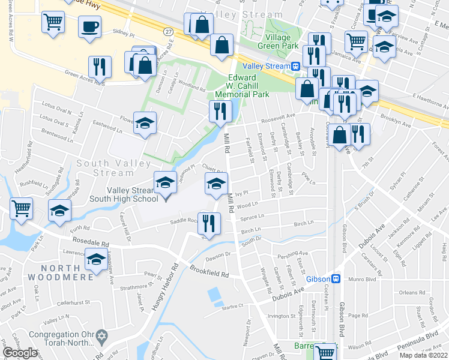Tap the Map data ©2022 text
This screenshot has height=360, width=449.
coord(423,355)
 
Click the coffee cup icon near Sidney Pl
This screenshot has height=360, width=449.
coord(89,27)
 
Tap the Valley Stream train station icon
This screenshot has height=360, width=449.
coord(297,67)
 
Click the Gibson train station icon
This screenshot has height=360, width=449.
coord(337,279)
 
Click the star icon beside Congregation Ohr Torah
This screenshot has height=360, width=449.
coord(101,334)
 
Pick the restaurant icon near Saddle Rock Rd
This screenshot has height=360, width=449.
coord(209,223)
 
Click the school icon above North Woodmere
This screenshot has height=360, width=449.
coord(95,260)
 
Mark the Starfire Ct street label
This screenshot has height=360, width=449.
coord(232,306)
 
